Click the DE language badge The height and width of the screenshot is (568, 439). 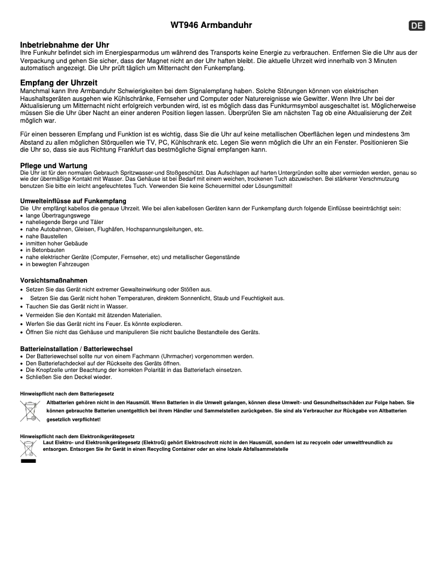click(x=417, y=26)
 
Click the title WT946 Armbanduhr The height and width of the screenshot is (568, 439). click(x=211, y=25)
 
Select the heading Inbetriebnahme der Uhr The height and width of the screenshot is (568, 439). click(x=65, y=44)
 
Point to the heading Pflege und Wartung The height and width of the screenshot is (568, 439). click(x=54, y=165)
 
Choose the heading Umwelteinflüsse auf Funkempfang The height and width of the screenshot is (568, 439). click(x=73, y=201)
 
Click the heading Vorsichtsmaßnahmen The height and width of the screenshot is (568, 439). click(x=54, y=280)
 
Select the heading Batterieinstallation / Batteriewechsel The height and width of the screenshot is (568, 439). click(x=76, y=349)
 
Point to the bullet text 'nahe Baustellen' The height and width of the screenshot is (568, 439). click(x=47, y=236)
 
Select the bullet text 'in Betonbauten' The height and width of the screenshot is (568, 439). click(x=44, y=250)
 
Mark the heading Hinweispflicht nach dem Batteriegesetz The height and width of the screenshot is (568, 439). click(x=67, y=394)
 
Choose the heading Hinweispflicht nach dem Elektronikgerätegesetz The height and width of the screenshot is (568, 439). click(x=77, y=436)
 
